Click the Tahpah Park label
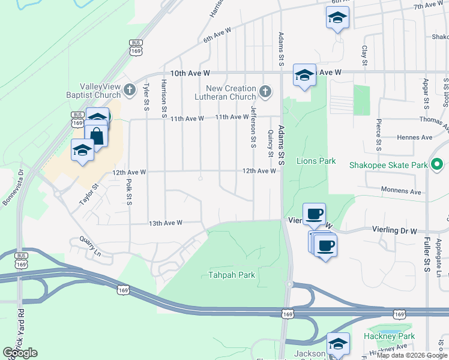[232, 275]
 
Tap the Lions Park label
[316, 161]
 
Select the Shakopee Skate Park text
[390, 165]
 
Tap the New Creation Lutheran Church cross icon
[265, 92]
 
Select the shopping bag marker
[96, 136]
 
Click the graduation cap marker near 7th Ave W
[337, 18]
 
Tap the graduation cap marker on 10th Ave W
[304, 76]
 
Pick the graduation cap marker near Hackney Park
[338, 344]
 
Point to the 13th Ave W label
[165, 223]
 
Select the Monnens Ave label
[402, 192]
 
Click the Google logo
[20, 353]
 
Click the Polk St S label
[129, 191]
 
